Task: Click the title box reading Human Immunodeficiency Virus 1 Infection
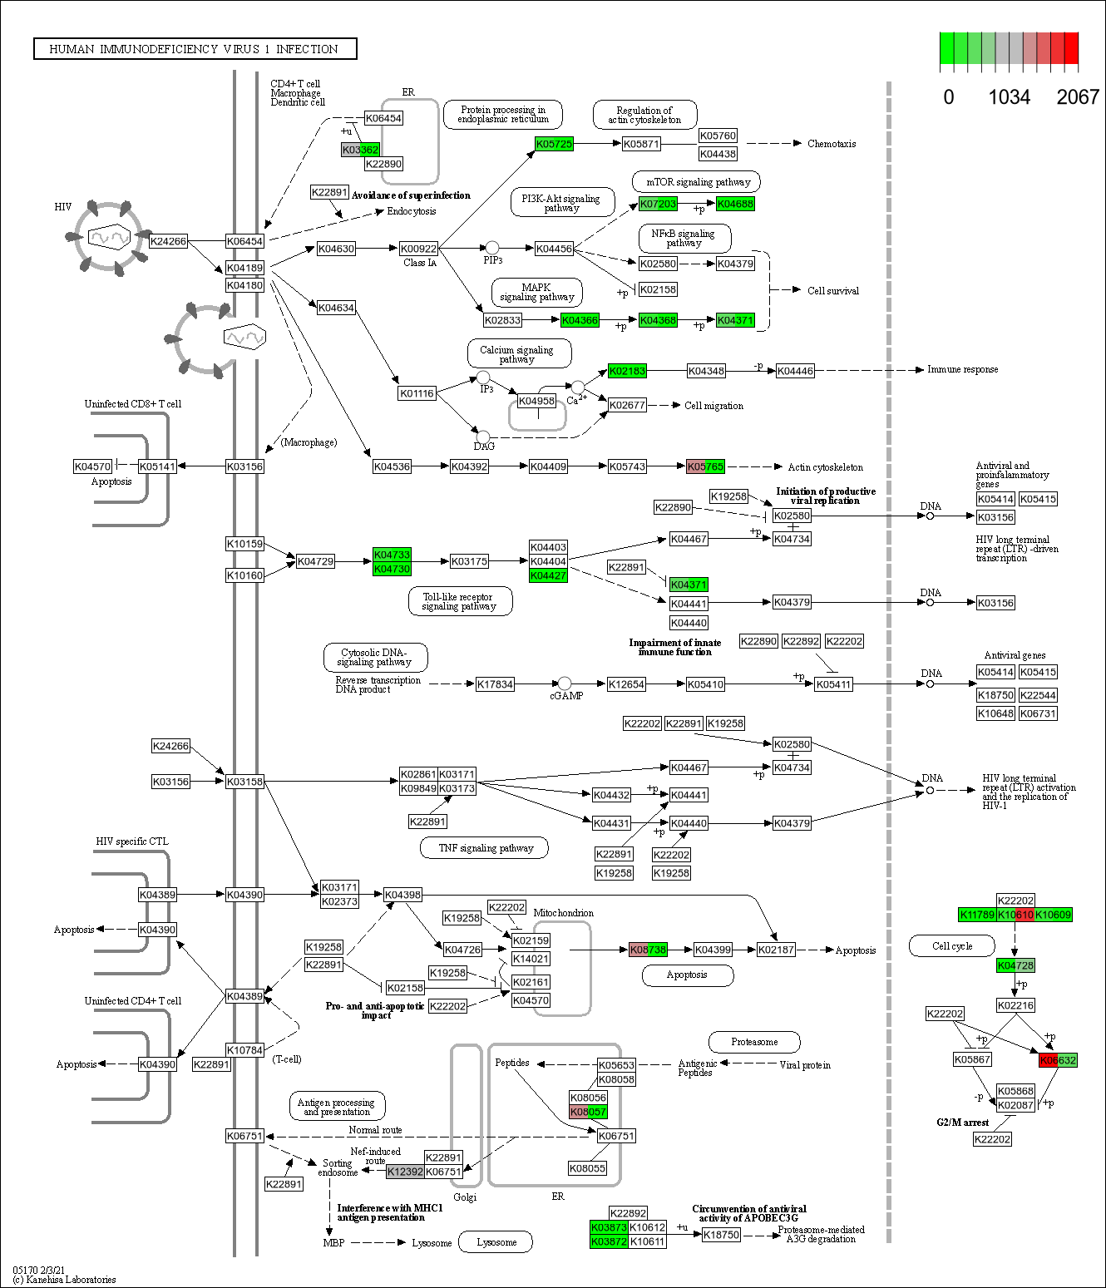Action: [x=195, y=49]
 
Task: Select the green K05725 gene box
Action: [x=554, y=144]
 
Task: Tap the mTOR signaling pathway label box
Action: [x=697, y=182]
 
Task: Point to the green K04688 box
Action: [x=735, y=204]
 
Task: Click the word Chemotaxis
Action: [x=831, y=144]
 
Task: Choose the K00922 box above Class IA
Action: [x=418, y=249]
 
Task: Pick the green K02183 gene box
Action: [x=627, y=371]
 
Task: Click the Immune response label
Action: [x=962, y=369]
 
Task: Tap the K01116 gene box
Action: [x=417, y=393]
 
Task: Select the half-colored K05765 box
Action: [x=705, y=466]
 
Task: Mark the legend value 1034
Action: [x=1009, y=97]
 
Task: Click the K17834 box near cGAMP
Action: [x=495, y=684]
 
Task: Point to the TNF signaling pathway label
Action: [x=486, y=848]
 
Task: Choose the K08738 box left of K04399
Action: [x=648, y=950]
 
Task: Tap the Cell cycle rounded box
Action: [x=951, y=946]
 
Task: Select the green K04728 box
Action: [x=1015, y=965]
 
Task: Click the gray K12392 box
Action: [x=405, y=1172]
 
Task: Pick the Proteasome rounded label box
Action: [x=754, y=1042]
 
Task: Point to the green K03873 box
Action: [x=609, y=1227]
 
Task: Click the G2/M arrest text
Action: [x=962, y=1123]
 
